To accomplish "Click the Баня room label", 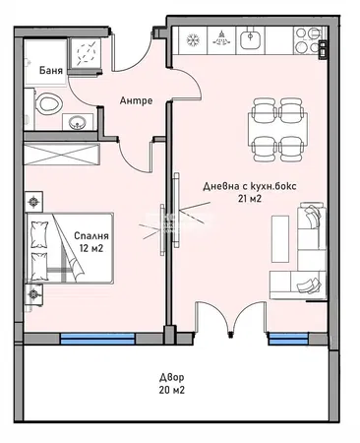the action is (51, 70).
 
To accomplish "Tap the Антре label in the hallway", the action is (136, 100).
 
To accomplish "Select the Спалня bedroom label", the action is (91, 235).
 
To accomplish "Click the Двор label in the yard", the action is (172, 378).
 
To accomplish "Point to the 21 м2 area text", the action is (250, 198).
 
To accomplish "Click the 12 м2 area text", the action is (91, 248).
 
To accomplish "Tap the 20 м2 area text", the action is (172, 390).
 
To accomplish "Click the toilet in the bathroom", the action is (47, 103).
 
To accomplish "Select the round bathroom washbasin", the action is (78, 123).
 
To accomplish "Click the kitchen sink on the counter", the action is (251, 40).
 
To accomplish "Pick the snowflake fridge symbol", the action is (193, 40).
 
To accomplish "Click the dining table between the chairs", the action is (278, 130).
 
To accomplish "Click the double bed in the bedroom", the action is (70, 248).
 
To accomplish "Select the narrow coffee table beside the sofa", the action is (280, 239).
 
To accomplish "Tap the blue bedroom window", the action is (97, 339).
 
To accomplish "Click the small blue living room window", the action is (288, 339).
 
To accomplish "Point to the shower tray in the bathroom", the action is (84, 52).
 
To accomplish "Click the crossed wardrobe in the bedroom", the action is (61, 155).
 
